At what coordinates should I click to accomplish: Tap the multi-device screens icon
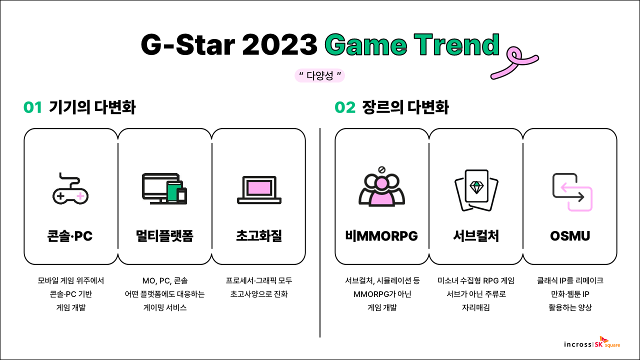164,188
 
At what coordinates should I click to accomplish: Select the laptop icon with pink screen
259,190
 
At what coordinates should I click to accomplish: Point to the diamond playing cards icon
476,190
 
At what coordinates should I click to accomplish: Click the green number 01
32,107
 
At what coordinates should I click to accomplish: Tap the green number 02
345,107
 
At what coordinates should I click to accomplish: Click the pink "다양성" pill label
319,75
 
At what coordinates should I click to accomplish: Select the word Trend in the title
456,44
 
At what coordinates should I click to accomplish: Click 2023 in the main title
279,44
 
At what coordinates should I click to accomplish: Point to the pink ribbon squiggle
514,62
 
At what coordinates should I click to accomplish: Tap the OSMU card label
570,236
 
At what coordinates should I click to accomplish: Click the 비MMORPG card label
381,236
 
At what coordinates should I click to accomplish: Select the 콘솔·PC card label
70,236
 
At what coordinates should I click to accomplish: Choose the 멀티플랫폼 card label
164,236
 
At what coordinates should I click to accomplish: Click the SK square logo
607,342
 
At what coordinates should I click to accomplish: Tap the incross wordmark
577,344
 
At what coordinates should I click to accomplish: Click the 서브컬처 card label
476,236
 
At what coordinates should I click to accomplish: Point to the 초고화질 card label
259,236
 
